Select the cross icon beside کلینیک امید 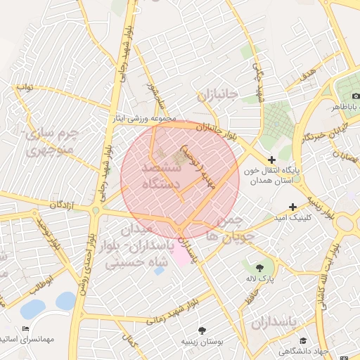(x=292, y=207)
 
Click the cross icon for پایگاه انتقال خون (x=272, y=160)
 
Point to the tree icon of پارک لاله (x=261, y=267)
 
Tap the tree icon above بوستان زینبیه (x=202, y=330)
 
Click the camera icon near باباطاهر (x=356, y=95)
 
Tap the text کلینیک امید (x=314, y=218)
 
